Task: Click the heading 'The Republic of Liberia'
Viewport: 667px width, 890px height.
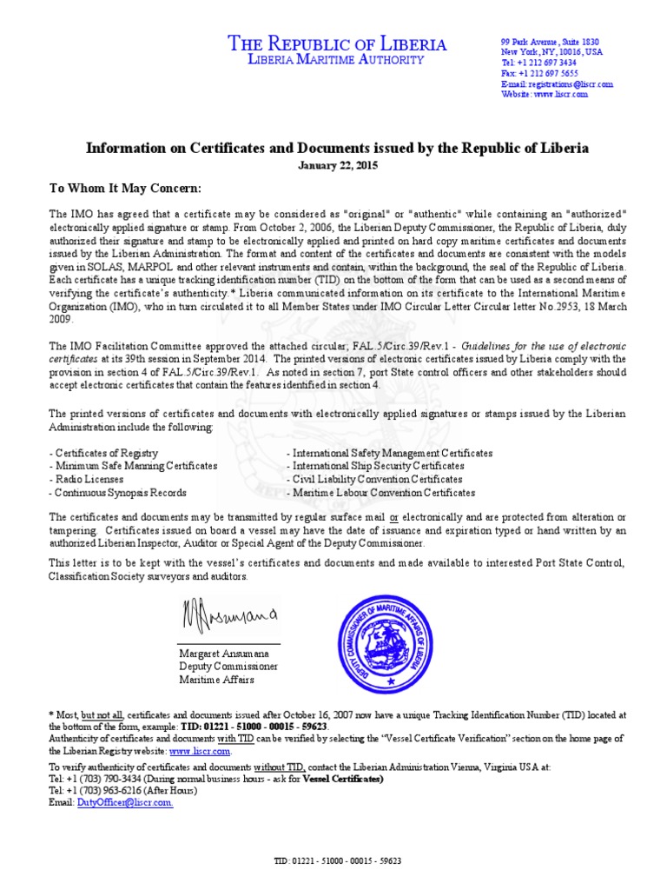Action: [337, 43]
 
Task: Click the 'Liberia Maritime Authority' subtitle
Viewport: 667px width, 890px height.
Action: [337, 60]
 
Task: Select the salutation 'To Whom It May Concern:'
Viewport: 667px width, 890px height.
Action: [125, 189]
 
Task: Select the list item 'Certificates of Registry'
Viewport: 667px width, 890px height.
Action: [105, 454]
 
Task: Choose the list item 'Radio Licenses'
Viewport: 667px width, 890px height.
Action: [89, 480]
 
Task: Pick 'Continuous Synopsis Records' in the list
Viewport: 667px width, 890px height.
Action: [119, 493]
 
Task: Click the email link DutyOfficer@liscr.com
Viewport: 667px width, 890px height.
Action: [125, 803]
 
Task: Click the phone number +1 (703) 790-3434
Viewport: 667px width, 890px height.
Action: [97, 780]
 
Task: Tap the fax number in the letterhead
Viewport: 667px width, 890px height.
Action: [538, 74]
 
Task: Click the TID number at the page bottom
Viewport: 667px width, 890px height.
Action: [337, 861]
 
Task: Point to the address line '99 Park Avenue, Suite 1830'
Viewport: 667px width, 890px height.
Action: [549, 43]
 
